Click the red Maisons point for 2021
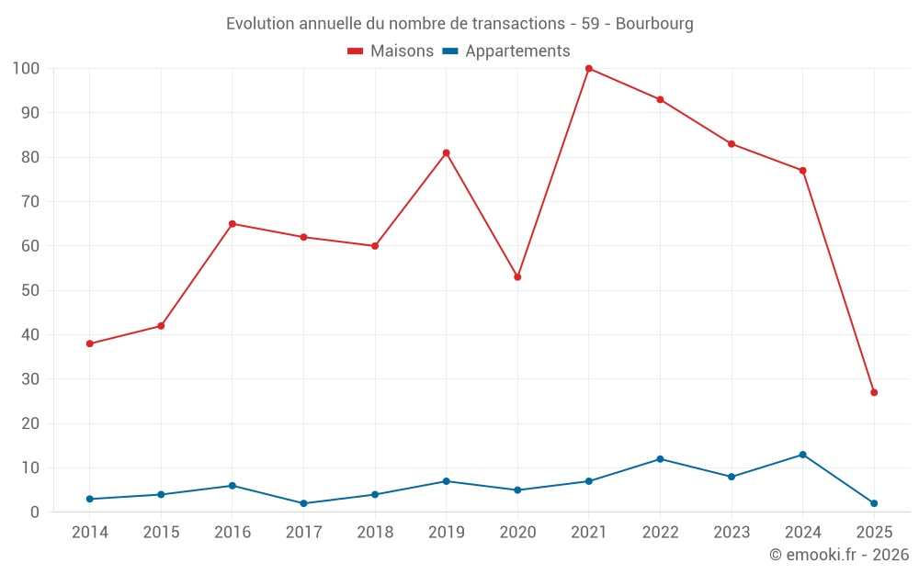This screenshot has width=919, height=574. click(589, 69)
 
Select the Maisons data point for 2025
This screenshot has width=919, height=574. click(874, 392)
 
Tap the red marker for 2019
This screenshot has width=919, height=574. click(447, 152)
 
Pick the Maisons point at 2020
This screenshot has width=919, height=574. click(517, 276)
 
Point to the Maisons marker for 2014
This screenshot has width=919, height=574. click(90, 343)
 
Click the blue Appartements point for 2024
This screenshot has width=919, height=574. click(802, 455)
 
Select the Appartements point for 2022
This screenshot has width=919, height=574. click(660, 459)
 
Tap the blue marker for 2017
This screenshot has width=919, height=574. click(303, 503)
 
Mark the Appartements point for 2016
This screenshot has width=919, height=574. click(233, 486)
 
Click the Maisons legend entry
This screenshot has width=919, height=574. click(391, 51)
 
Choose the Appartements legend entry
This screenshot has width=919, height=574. click(506, 51)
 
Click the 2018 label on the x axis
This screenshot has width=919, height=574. click(375, 533)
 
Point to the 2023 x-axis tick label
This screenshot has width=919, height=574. click(732, 533)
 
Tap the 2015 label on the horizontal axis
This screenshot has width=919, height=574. click(161, 533)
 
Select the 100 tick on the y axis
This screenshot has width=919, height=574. click(26, 69)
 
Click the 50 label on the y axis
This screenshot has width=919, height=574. click(30, 290)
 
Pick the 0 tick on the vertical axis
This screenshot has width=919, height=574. click(35, 512)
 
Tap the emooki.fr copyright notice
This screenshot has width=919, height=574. click(838, 555)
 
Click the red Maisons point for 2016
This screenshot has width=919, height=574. click(233, 223)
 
